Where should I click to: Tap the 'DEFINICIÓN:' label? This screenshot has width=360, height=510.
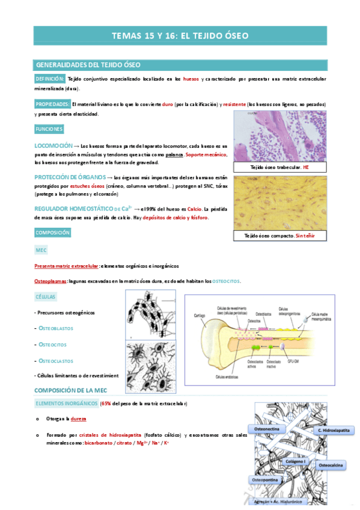click(x=50, y=79)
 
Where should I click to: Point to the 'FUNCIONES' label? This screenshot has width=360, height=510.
click(x=49, y=129)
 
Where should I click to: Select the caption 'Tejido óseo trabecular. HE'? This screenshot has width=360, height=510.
click(x=279, y=167)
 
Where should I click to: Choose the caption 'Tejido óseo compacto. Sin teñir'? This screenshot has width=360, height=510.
click(x=279, y=236)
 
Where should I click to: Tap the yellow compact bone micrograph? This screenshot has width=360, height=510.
click(x=279, y=202)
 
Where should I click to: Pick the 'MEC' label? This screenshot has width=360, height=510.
click(x=41, y=250)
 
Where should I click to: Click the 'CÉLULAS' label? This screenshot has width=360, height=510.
click(x=46, y=297)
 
